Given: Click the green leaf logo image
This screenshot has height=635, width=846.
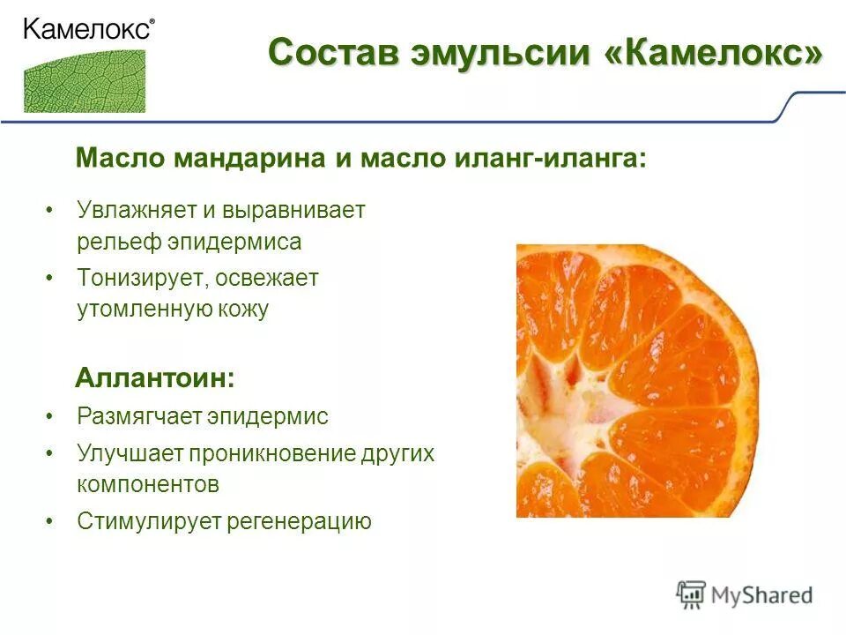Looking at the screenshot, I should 85,80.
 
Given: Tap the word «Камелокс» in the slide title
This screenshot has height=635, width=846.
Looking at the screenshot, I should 714,53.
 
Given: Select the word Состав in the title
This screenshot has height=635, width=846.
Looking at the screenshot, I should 332,53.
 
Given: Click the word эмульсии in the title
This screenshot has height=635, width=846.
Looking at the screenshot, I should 500,53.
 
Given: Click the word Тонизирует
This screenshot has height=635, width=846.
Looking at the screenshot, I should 141,277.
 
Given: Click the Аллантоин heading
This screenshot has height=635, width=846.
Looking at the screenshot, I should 155,378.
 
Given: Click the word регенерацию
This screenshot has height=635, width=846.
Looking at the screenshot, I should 300,521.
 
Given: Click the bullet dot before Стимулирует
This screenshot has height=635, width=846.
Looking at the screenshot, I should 50,521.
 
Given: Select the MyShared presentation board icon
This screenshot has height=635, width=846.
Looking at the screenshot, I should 692,594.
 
